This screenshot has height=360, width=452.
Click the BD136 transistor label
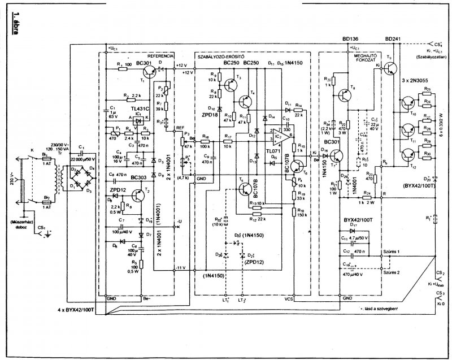[351, 38]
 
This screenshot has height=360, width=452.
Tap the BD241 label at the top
[393, 38]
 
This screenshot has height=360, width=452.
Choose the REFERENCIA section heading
[160, 56]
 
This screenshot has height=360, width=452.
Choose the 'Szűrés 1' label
[391, 250]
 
